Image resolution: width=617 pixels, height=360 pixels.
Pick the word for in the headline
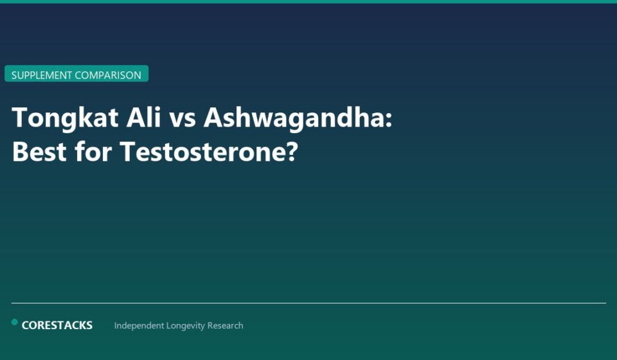click(93, 152)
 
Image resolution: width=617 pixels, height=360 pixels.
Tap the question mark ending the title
click(291, 152)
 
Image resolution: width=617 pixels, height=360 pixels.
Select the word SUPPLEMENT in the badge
click(42, 75)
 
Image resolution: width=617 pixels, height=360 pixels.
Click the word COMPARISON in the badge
click(108, 75)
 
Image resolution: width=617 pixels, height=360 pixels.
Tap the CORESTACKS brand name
click(57, 325)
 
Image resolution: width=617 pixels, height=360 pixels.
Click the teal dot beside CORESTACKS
click(15, 322)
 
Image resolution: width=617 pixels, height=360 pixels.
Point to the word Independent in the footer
click(139, 326)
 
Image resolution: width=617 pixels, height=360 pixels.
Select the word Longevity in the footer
click(186, 326)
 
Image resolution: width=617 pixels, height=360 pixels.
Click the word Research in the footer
click(225, 326)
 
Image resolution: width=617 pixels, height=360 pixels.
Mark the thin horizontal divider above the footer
click(308, 303)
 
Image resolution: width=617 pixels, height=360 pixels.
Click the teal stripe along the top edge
click(308, 1)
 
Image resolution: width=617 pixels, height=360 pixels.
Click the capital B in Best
click(19, 152)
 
